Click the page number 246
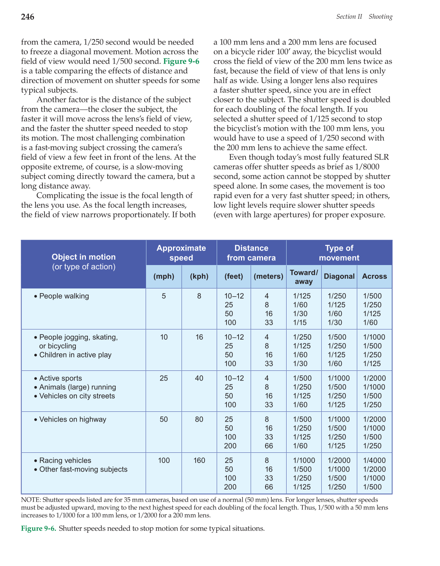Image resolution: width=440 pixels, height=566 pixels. pyautogui.click(x=28, y=17)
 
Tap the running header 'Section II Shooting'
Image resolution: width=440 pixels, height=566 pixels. pyautogui.click(x=364, y=17)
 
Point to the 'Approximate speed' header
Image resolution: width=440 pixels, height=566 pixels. pyautogui.click(x=181, y=253)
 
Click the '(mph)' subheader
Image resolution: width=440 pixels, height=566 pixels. pyautogui.click(x=164, y=276)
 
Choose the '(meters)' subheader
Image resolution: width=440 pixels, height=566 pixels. pyautogui.click(x=268, y=276)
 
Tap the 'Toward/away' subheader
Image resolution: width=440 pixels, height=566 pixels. pyautogui.click(x=304, y=277)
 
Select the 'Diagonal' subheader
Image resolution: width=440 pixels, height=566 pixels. pyautogui.click(x=339, y=276)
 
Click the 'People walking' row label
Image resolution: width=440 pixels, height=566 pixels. pyautogui.click(x=64, y=296)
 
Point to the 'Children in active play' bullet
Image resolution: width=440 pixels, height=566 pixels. pyautogui.click(x=75, y=355)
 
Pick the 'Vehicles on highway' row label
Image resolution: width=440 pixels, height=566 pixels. pyautogui.click(x=73, y=420)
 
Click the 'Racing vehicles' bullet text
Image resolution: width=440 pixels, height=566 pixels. pyautogui.click(x=65, y=461)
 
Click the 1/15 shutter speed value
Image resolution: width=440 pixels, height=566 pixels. pyautogui.click(x=300, y=323)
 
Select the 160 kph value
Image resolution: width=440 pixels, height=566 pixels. pyautogui.click(x=199, y=461)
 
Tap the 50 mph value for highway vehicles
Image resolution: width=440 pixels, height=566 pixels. pyautogui.click(x=164, y=420)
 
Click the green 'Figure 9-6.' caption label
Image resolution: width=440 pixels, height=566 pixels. pyautogui.click(x=39, y=529)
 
